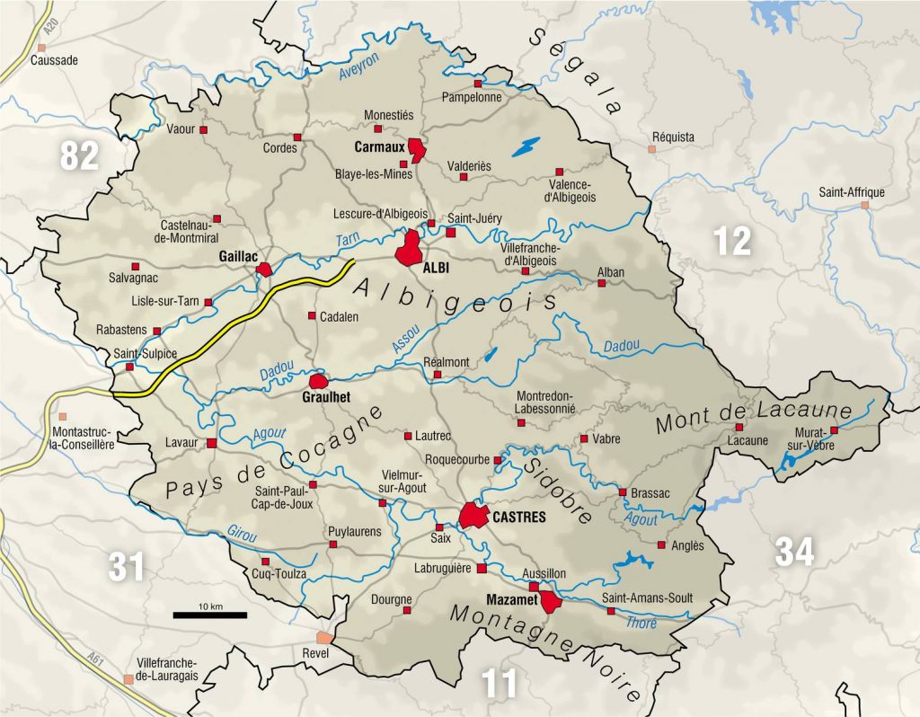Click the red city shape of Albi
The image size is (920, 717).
pyautogui.click(x=411, y=247)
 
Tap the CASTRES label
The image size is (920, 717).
pyautogui.click(x=519, y=518)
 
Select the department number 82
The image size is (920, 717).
pyautogui.click(x=79, y=156)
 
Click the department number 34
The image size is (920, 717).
pyautogui.click(x=794, y=551)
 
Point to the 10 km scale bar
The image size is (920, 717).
pyautogui.click(x=210, y=615)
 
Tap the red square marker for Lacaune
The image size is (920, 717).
pyautogui.click(x=739, y=427)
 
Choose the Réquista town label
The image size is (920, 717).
pyautogui.click(x=673, y=137)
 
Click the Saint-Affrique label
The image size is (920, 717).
pyautogui.click(x=851, y=192)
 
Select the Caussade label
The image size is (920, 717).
pyautogui.click(x=55, y=61)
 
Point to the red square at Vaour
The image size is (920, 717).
pyautogui.click(x=203, y=130)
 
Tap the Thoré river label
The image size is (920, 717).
pyautogui.click(x=641, y=622)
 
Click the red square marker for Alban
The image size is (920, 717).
pyautogui.click(x=602, y=283)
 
